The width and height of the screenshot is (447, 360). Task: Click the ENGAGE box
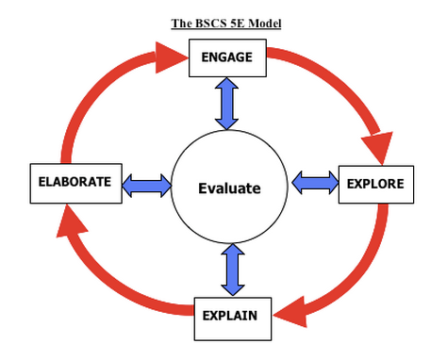pyautogui.click(x=227, y=58)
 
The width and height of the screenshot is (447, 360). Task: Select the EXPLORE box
pyautogui.click(x=376, y=183)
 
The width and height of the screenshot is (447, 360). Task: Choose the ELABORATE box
pyautogui.click(x=76, y=182)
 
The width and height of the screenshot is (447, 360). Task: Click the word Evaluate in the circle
pyautogui.click(x=228, y=188)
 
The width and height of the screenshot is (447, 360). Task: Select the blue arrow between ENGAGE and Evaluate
pyautogui.click(x=227, y=104)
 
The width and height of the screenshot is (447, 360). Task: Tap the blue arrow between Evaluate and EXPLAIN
pyautogui.click(x=228, y=270)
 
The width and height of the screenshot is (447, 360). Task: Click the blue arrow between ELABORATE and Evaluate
pyautogui.click(x=147, y=184)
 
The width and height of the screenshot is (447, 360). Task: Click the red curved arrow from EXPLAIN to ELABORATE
pyautogui.click(x=104, y=283)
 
